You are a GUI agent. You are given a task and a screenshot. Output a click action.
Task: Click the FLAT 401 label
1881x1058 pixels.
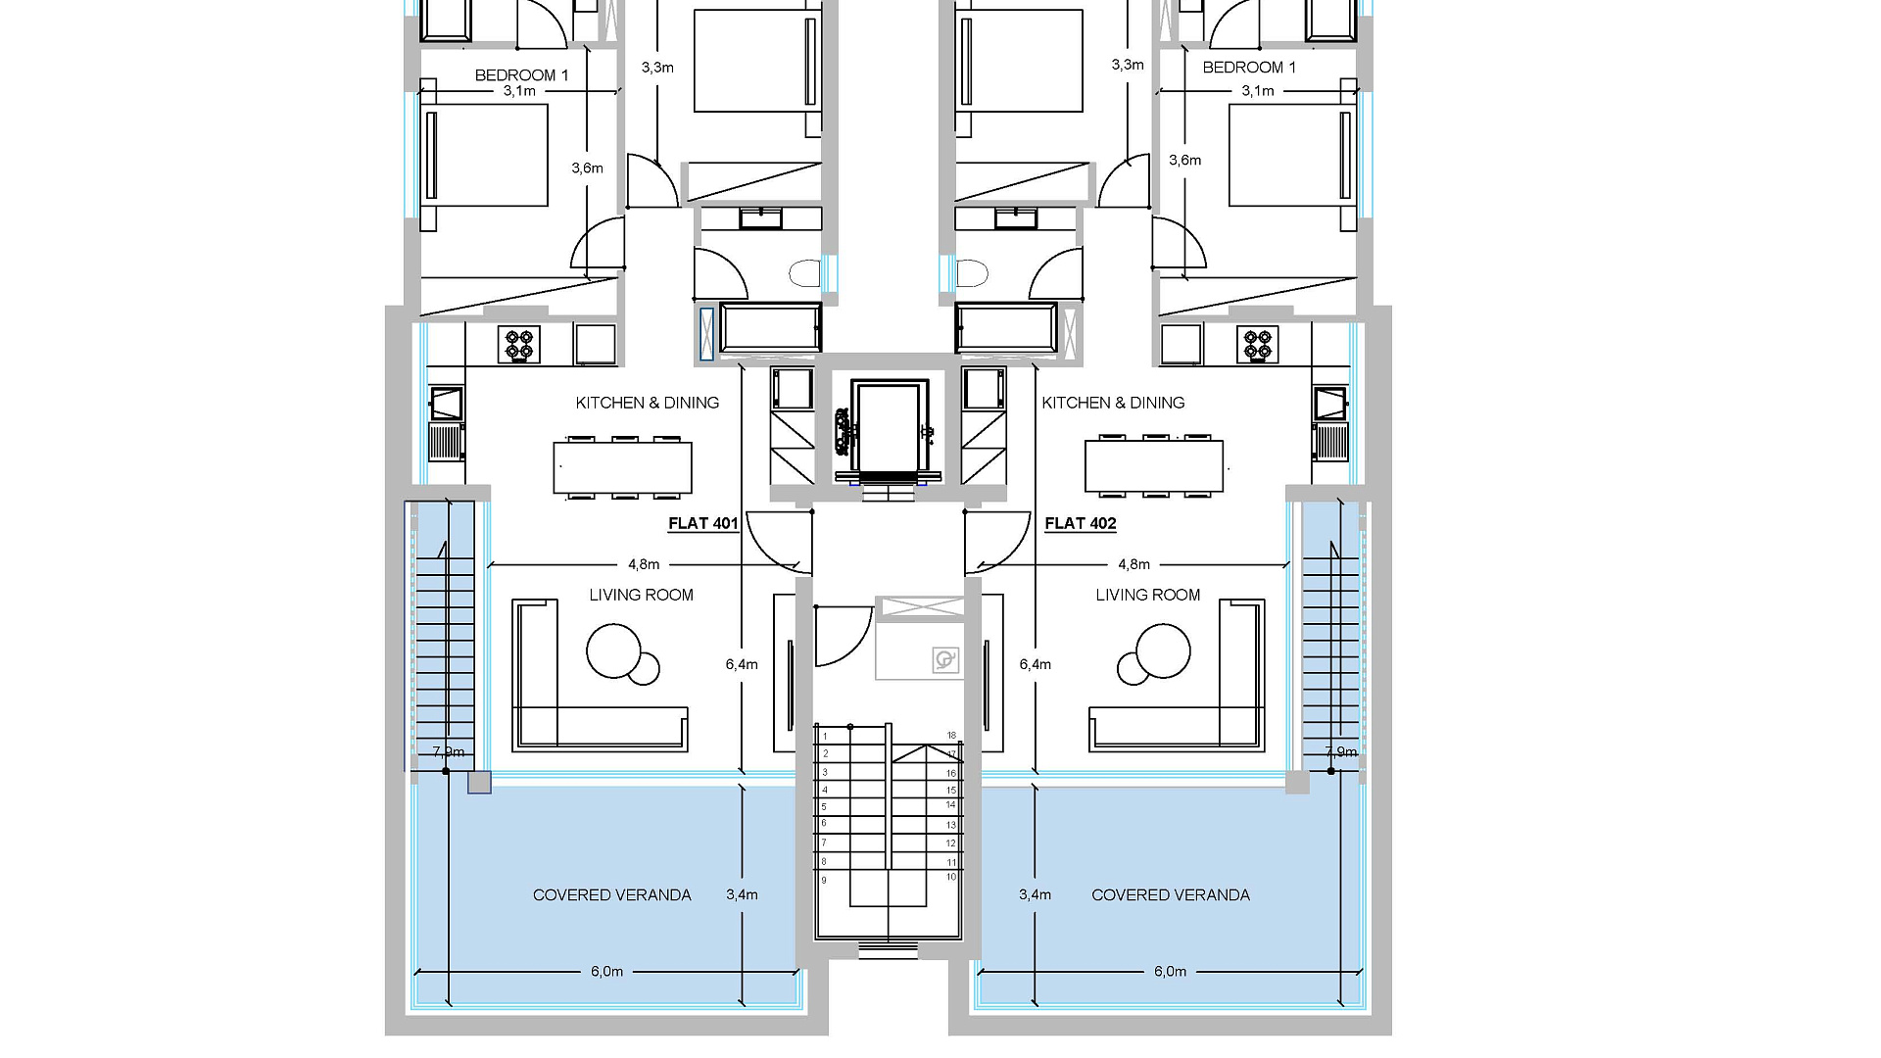click(702, 523)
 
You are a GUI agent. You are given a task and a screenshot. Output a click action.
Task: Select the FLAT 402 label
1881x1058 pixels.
click(1081, 523)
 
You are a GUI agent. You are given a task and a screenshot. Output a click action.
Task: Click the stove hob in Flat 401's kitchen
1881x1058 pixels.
click(520, 345)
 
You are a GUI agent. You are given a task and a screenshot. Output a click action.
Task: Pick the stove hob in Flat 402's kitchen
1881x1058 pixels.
click(1260, 345)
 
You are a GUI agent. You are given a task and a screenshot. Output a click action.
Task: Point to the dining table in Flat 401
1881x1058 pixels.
click(623, 467)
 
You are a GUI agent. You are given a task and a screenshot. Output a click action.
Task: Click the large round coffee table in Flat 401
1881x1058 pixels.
click(614, 650)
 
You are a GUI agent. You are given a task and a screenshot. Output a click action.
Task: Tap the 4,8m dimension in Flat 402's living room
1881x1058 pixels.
click(1133, 564)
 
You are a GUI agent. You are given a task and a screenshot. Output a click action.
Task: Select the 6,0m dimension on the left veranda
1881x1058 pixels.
click(606, 972)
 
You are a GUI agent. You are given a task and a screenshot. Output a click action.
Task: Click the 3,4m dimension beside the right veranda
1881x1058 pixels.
click(1035, 894)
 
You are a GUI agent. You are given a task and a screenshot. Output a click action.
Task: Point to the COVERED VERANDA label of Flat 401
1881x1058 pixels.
click(612, 894)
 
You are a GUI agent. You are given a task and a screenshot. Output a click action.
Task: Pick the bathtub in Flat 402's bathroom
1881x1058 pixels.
click(1006, 327)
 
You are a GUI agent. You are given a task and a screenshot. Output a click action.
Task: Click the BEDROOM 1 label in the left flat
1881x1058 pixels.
click(521, 75)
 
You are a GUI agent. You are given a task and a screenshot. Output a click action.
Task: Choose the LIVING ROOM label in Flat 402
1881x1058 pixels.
click(1148, 595)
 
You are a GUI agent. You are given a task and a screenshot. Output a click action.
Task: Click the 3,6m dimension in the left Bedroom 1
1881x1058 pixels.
click(588, 168)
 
